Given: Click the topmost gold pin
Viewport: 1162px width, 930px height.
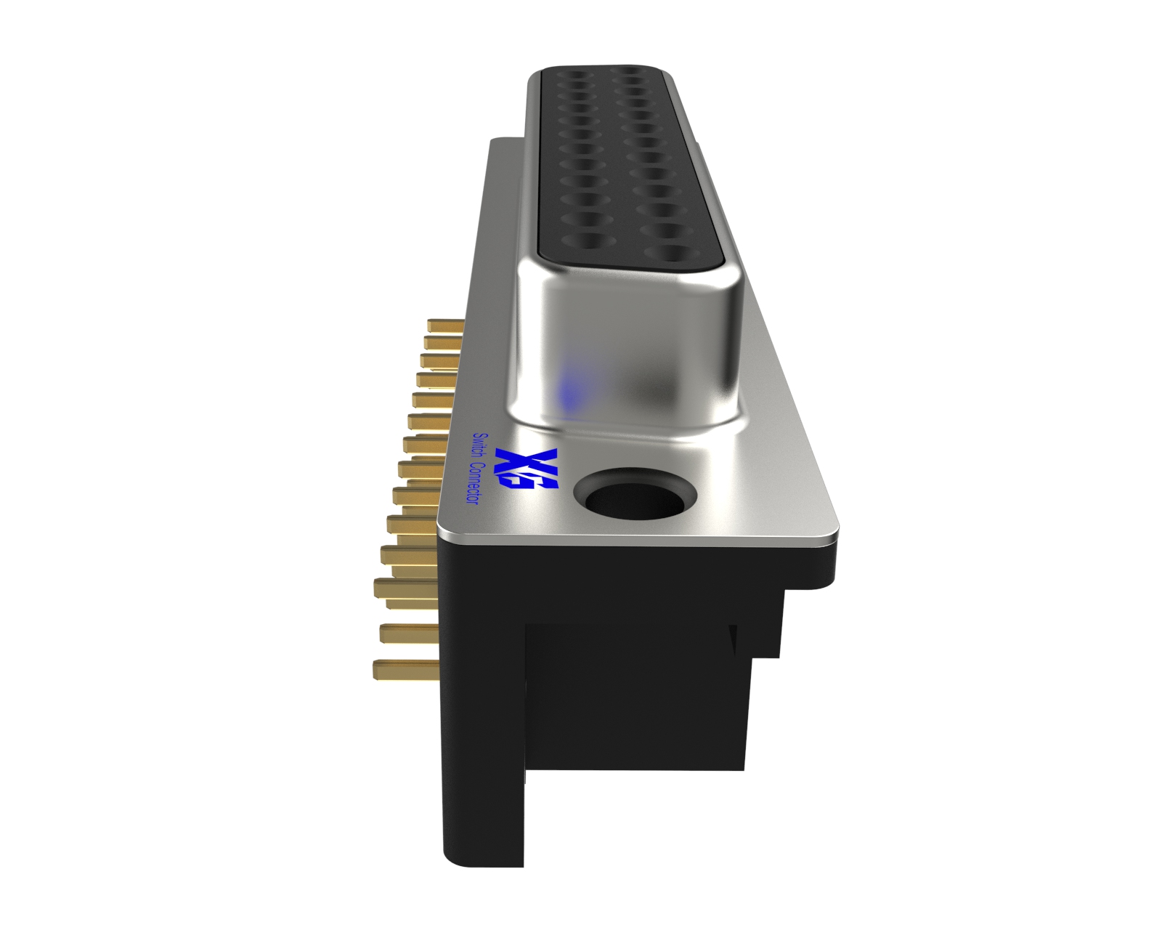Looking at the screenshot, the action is [x=446, y=325].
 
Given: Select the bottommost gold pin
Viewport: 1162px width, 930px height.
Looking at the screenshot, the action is [x=405, y=669].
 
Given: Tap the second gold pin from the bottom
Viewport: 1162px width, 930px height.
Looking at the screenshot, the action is [x=410, y=634].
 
